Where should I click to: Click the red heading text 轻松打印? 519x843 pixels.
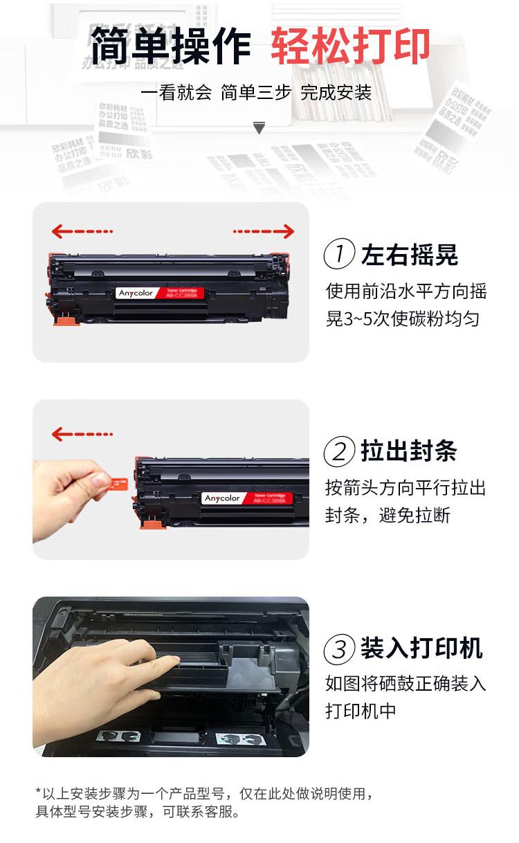tap(350, 46)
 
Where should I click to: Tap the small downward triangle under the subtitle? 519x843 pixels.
tap(259, 128)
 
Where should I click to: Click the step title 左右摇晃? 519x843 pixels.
tap(409, 255)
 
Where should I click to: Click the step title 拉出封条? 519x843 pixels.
tap(409, 451)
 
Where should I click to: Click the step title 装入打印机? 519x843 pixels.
tap(421, 649)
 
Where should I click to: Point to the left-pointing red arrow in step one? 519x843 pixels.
tap(82, 230)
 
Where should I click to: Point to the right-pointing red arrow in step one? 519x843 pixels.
tap(264, 230)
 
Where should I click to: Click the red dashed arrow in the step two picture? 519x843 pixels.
tap(82, 434)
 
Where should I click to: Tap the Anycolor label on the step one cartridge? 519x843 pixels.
tap(134, 293)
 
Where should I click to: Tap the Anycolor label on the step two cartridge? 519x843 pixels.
tap(223, 498)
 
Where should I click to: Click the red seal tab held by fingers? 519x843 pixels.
tap(118, 480)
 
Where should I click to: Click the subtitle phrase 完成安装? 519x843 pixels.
tap(336, 92)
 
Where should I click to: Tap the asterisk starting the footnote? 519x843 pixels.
tap(38, 791)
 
